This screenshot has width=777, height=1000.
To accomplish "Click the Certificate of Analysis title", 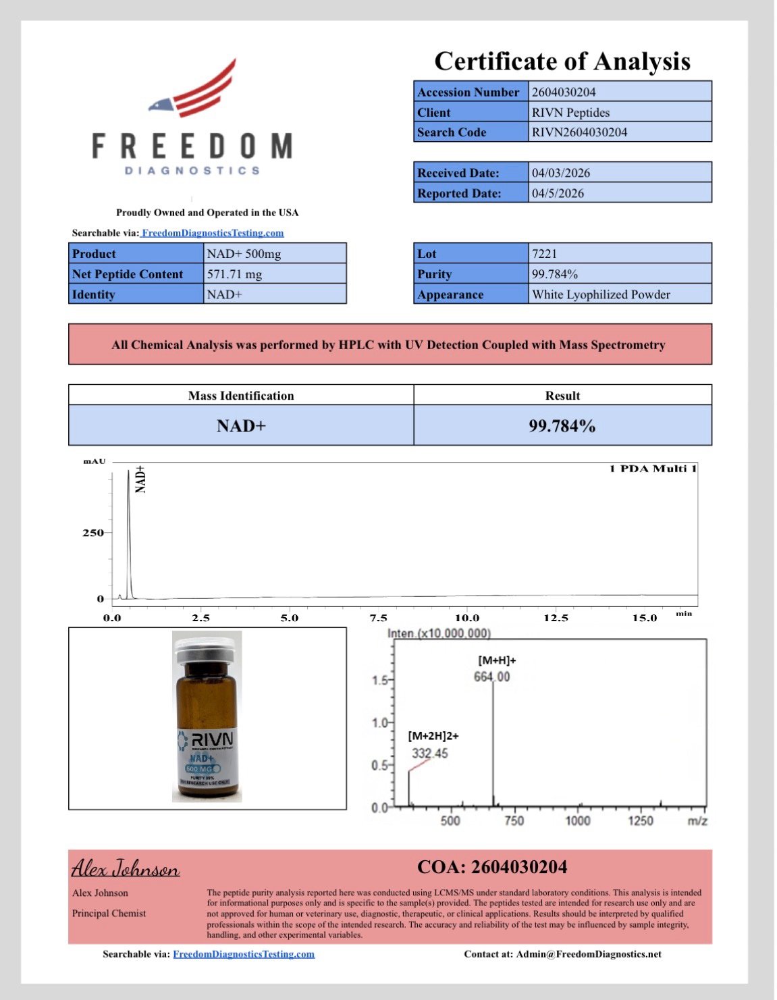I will [562, 61].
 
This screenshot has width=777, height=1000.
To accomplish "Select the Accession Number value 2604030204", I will [564, 92].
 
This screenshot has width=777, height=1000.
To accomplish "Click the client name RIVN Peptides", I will [570, 112].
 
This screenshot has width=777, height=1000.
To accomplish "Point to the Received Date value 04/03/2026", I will [560, 173].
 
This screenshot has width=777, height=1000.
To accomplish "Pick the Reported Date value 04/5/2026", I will [558, 193].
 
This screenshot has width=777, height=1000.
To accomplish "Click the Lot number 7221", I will [544, 254].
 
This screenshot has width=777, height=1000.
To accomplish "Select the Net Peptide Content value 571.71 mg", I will [234, 274].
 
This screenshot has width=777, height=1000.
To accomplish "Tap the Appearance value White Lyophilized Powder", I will [601, 294].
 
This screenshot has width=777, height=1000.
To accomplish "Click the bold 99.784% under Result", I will [562, 426].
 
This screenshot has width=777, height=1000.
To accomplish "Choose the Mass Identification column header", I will [241, 396].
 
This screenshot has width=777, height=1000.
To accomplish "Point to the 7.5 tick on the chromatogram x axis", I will [378, 618].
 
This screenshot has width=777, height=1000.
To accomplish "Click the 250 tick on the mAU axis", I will [93, 533].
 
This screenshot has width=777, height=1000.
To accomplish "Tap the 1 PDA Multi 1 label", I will [653, 469].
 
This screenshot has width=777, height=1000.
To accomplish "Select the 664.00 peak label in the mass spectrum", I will [491, 677].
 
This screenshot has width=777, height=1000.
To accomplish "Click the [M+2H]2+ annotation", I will [433, 736].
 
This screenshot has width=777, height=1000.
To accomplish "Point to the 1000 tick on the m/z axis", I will [577, 820].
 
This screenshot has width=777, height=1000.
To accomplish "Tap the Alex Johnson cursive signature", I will [126, 868].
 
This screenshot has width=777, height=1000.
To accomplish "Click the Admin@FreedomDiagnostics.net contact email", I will [589, 954].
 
